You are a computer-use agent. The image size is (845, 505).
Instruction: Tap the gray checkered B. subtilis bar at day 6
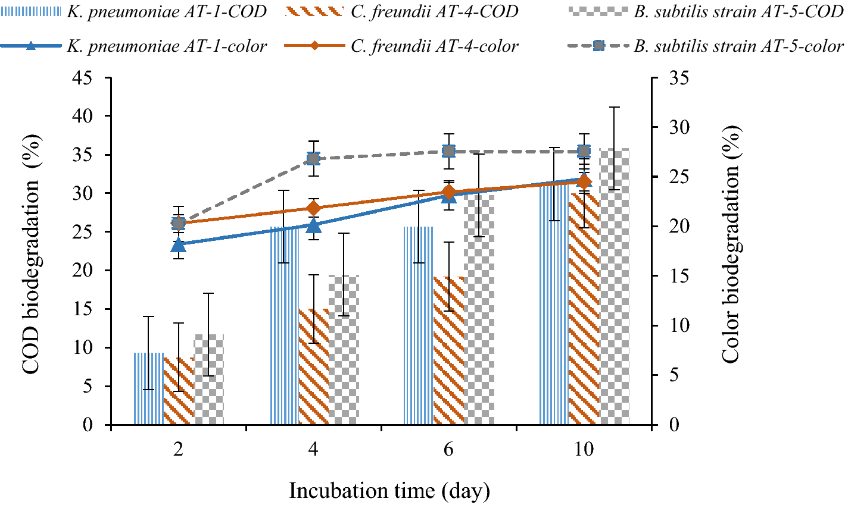[x=479, y=309]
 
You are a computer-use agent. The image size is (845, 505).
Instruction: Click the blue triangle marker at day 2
[x=178, y=244]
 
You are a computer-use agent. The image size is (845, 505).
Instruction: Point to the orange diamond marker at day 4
[x=313, y=208]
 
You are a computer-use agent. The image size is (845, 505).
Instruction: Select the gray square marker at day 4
[x=313, y=158]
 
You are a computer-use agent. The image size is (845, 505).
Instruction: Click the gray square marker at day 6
[x=448, y=151]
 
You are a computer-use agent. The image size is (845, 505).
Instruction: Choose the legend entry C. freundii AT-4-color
[x=434, y=46]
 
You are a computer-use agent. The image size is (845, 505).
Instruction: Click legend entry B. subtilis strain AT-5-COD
[x=738, y=11]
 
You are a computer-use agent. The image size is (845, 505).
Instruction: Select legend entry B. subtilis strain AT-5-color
[x=738, y=46]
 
